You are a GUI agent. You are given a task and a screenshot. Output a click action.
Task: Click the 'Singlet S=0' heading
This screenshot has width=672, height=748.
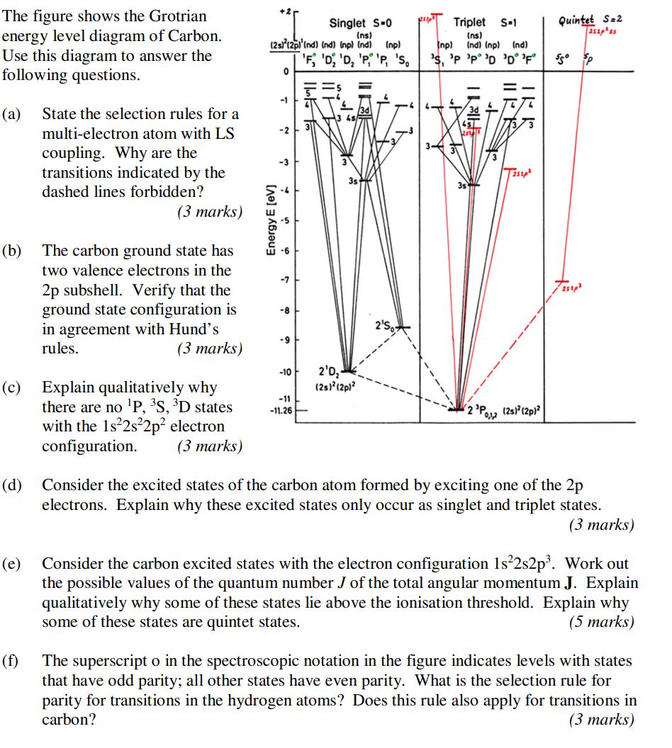click(x=361, y=23)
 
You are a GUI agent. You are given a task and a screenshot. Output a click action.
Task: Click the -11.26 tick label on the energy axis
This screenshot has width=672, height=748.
click(x=281, y=409)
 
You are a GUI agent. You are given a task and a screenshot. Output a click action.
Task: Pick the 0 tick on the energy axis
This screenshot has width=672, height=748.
click(x=286, y=73)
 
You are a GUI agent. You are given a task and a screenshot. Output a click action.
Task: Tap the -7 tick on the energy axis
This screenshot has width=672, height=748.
click(x=286, y=281)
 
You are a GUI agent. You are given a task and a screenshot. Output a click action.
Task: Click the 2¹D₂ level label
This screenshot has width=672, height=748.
click(x=330, y=371)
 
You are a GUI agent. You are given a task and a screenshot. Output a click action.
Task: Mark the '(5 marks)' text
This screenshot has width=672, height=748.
click(x=602, y=622)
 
